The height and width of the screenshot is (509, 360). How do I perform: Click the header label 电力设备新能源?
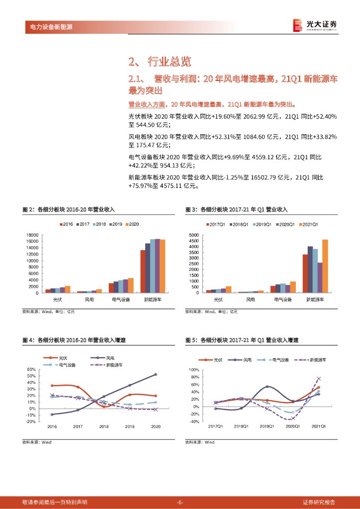click(x=48, y=27)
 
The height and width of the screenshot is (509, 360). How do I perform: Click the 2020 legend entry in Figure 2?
click(x=132, y=224)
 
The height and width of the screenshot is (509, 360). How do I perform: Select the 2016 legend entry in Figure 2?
click(x=66, y=224)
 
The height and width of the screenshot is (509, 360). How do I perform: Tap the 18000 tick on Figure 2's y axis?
click(x=32, y=235)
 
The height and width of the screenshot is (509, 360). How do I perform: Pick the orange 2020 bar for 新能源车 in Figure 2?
click(x=163, y=266)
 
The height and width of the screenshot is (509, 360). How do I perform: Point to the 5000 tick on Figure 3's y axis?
click(x=193, y=235)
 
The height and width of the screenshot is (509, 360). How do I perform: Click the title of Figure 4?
click(x=74, y=340)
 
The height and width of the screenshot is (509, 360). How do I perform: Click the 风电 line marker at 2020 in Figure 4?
click(x=155, y=374)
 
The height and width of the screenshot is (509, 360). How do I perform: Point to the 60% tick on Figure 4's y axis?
click(x=31, y=370)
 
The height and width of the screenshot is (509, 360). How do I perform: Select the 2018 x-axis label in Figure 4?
click(x=103, y=427)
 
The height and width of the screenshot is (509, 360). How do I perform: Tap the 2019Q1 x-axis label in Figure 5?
click(x=267, y=426)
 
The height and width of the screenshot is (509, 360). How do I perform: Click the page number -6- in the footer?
click(x=180, y=502)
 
